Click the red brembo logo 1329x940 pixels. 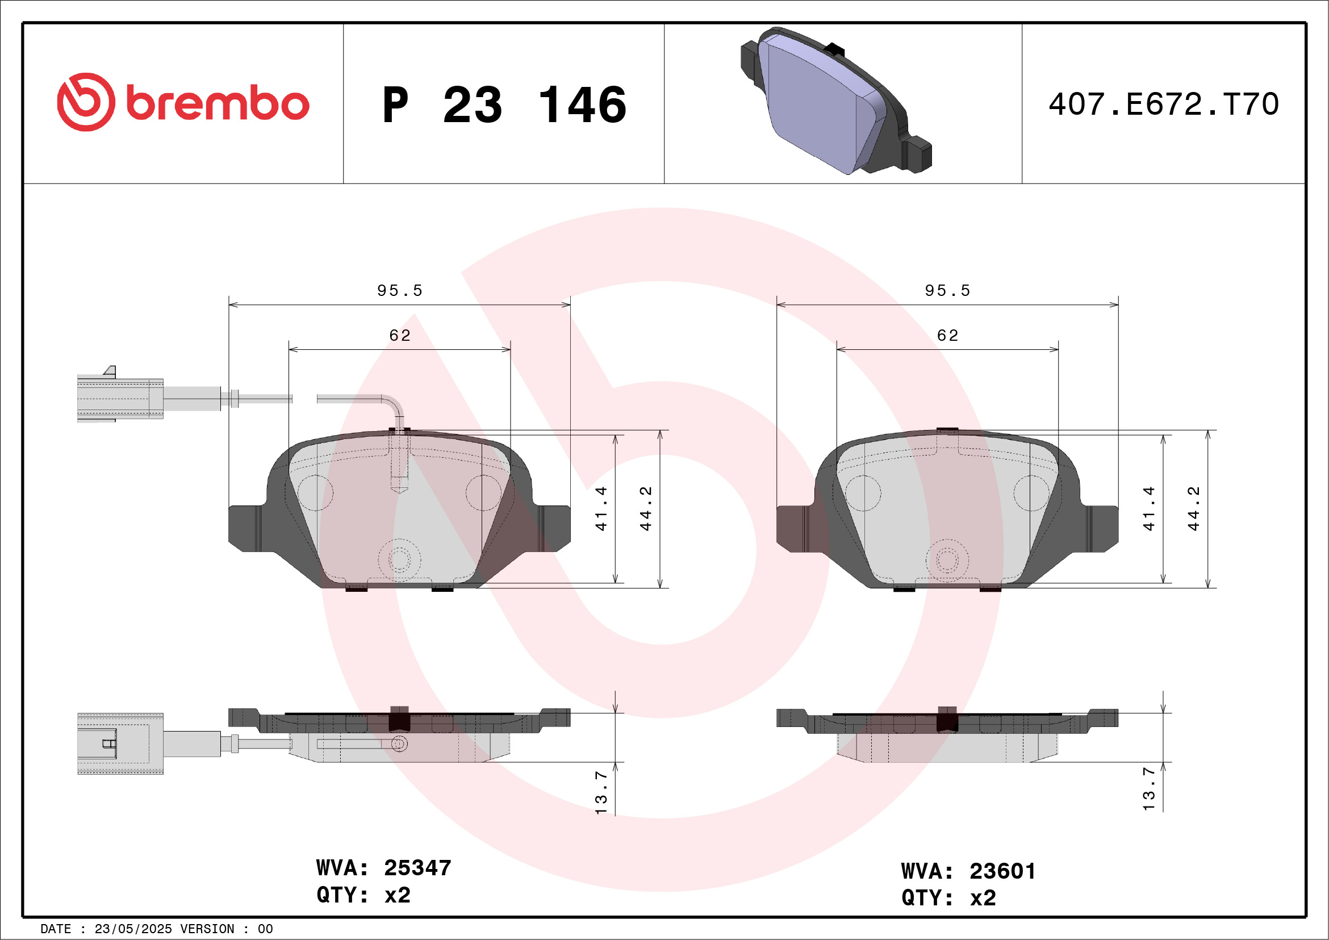[x=183, y=102]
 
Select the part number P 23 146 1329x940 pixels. [x=504, y=105]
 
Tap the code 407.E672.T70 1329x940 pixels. [x=1164, y=104]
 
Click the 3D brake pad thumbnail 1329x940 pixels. [x=836, y=101]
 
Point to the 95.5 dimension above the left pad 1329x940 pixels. [x=400, y=291]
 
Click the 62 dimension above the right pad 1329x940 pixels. [x=947, y=336]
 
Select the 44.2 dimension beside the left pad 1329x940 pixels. [x=645, y=508]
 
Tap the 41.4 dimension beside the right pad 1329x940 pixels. [x=1148, y=508]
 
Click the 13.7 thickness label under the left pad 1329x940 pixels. [x=601, y=792]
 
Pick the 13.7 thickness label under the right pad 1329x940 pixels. [x=1148, y=789]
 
